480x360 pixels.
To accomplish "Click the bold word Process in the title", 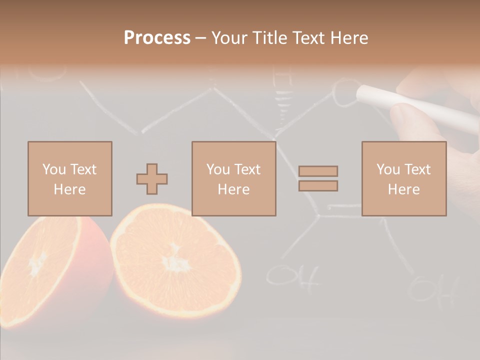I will click(157, 38).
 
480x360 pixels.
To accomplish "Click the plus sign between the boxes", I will click(152, 179).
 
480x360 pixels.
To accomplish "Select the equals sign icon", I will click(318, 178).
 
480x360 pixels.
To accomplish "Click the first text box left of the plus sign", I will click(69, 178).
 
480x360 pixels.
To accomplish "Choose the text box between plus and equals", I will click(233, 178).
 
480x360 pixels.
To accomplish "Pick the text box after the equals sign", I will click(403, 178).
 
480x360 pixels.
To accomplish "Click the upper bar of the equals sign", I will click(318, 171).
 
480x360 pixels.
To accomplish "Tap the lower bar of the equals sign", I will click(318, 185).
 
